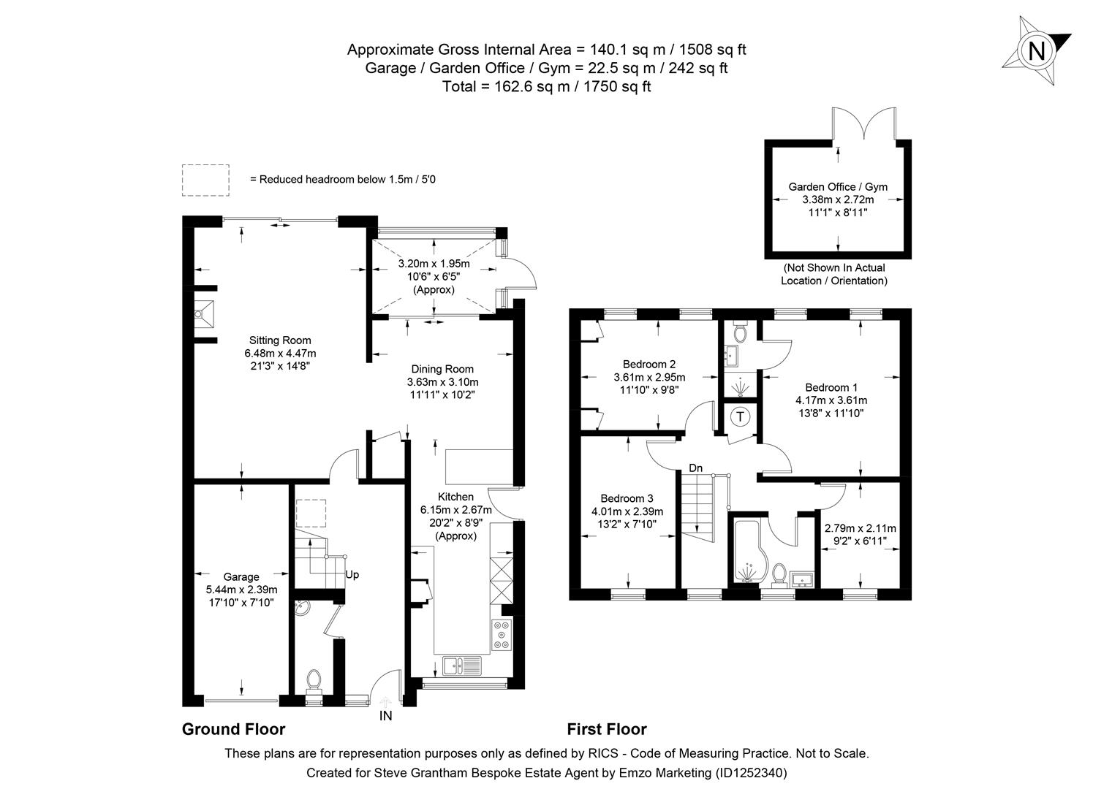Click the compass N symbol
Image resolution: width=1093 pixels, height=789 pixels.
click(1036, 51)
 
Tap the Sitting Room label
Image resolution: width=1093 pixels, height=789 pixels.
click(280, 340)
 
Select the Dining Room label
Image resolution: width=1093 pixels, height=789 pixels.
click(442, 369)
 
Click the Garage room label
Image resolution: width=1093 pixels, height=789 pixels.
click(241, 576)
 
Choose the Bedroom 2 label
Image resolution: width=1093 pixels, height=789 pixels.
click(648, 364)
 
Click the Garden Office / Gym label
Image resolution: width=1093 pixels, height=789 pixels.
click(838, 186)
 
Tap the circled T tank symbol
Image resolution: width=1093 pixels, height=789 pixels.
click(741, 417)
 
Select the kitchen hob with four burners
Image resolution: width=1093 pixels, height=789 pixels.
click(502, 634)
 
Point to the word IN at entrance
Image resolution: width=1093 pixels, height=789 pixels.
click(385, 716)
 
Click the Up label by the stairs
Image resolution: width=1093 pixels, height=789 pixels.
click(352, 574)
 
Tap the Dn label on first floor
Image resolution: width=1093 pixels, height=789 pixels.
click(695, 468)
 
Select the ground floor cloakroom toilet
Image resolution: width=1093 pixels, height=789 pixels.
click(314, 680)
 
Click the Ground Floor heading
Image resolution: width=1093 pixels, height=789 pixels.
click(233, 729)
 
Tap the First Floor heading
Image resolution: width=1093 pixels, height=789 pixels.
click(606, 729)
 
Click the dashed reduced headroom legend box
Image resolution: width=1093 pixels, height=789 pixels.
click(205, 180)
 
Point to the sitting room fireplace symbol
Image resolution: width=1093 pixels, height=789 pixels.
click(204, 315)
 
